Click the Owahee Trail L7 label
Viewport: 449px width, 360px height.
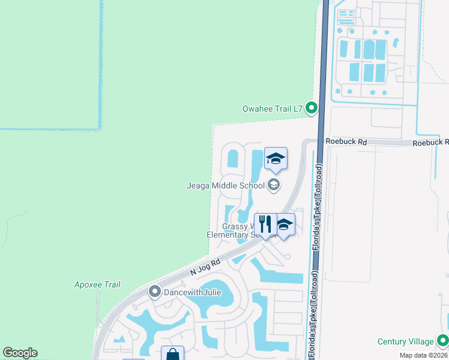pos(272,109)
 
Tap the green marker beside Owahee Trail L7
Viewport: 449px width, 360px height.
pos(312,108)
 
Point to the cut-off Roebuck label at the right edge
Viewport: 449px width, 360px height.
pos(430,142)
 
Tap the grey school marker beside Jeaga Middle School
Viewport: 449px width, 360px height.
pos(274,185)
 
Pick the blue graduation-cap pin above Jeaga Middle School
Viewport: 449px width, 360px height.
pos(276,159)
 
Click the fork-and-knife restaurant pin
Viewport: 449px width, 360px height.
pos(265,224)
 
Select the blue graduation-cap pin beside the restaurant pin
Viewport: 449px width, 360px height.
pos(285,225)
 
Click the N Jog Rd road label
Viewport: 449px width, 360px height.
pos(206,266)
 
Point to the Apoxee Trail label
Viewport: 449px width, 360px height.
pos(97,284)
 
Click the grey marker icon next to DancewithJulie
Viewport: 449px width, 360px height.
pos(154,292)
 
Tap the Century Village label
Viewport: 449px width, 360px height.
pos(405,341)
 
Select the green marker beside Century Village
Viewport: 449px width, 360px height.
pos(443,341)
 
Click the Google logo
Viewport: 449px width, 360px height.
pos(20,353)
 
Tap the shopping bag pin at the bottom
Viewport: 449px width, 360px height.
pos(172,354)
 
